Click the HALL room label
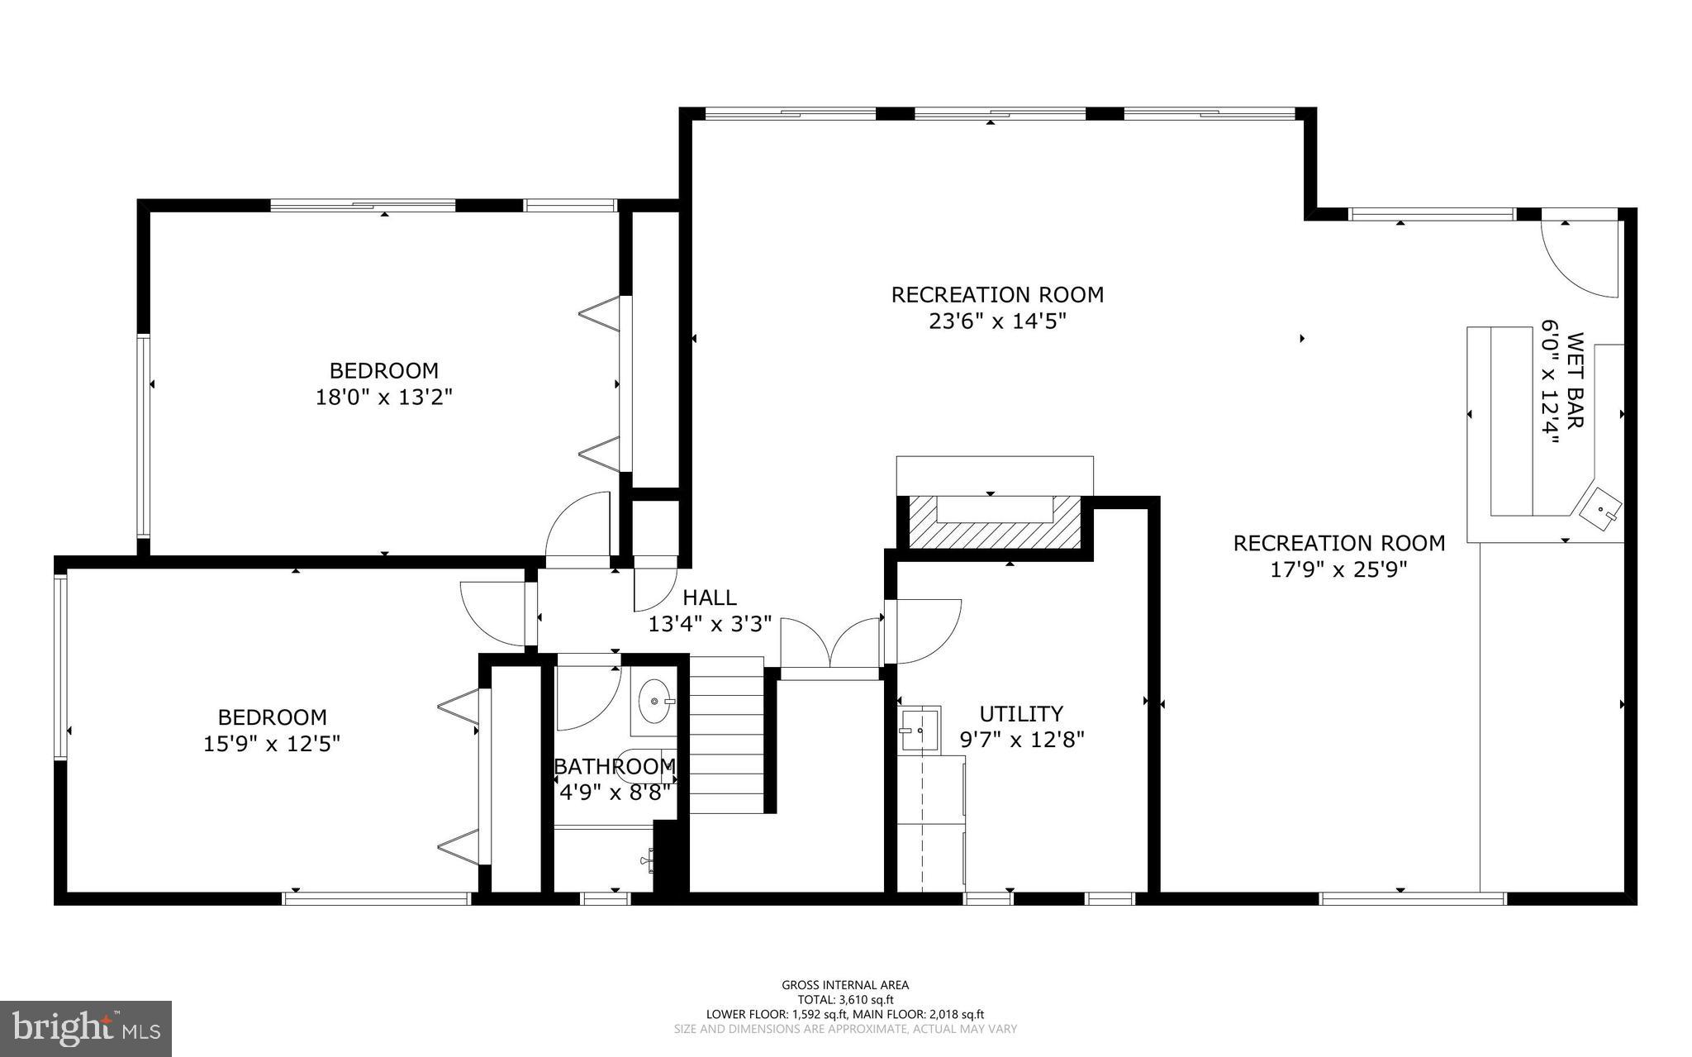tap(709, 597)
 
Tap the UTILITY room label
tap(1020, 713)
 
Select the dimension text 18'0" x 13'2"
tap(383, 398)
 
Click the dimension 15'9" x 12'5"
tap(272, 744)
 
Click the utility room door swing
tap(923, 631)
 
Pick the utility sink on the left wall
tap(919, 730)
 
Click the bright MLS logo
tap(85, 1028)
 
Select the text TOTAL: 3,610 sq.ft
tap(845, 999)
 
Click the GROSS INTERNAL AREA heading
tap(845, 984)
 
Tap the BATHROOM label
tap(614, 767)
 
